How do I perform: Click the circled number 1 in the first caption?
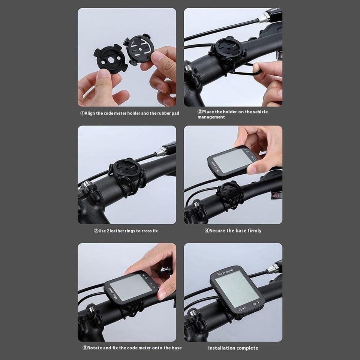82,113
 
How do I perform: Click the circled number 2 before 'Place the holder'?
200,112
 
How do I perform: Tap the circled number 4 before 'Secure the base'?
207,231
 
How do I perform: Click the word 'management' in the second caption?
211,117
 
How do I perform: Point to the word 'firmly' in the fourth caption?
254,231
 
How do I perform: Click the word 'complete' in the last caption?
248,348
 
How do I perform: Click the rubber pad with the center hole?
110,59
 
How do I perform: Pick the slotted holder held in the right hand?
139,49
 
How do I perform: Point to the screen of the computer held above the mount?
232,160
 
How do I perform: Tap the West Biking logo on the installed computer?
225,272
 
